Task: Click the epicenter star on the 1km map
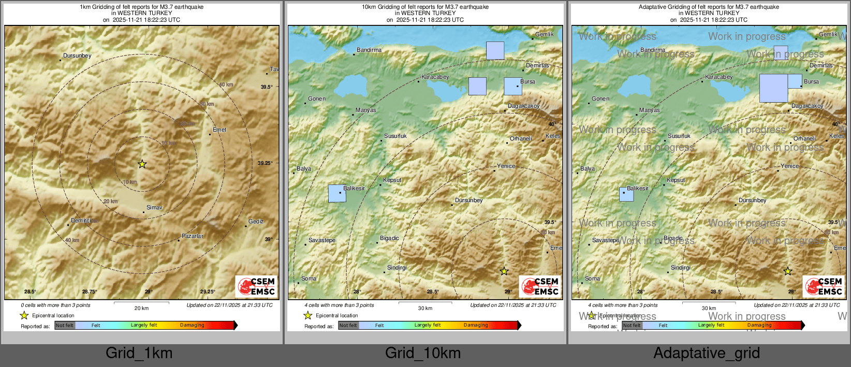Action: tap(142, 164)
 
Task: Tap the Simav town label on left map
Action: tap(154, 208)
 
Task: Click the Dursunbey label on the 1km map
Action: tap(77, 56)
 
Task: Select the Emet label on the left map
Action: tap(219, 130)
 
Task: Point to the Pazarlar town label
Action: tap(193, 236)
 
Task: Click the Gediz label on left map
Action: tap(256, 222)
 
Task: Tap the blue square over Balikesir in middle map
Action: tap(337, 193)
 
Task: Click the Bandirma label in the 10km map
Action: tap(369, 50)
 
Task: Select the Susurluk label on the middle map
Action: tap(395, 136)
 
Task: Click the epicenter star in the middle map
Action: tap(504, 271)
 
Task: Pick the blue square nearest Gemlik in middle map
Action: tap(495, 51)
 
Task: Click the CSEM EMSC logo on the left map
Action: tap(257, 287)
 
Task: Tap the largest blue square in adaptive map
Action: tap(773, 88)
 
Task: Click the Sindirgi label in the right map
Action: tap(681, 268)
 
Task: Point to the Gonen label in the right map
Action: tap(600, 99)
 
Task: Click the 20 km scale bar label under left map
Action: tap(141, 308)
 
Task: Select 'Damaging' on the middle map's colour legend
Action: tap(476, 326)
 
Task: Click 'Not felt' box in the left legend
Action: tap(65, 326)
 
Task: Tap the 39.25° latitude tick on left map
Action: tap(265, 163)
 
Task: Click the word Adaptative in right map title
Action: tap(653, 7)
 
